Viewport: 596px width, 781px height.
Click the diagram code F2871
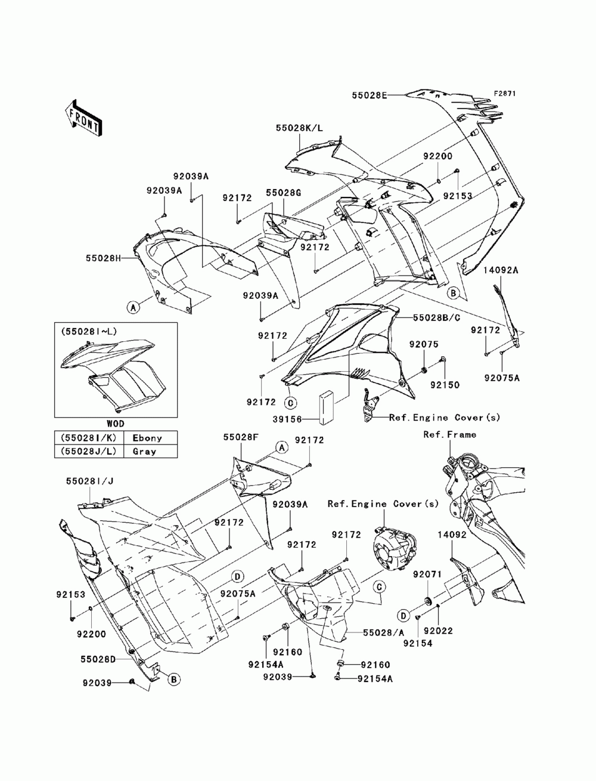pyautogui.click(x=504, y=94)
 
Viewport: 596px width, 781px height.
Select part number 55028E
pyautogui.click(x=370, y=95)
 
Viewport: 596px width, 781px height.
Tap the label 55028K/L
pyautogui.click(x=299, y=128)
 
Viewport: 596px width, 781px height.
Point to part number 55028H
pyautogui.click(x=104, y=258)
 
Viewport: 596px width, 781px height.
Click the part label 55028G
pyautogui.click(x=283, y=193)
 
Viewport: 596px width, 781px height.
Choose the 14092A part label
pyautogui.click(x=501, y=270)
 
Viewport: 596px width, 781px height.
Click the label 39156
pyautogui.click(x=287, y=419)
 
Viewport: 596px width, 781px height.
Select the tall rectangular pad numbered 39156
pyautogui.click(x=327, y=408)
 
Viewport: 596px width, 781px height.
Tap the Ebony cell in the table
pyautogui.click(x=147, y=438)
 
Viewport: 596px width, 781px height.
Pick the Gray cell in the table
pyautogui.click(x=144, y=452)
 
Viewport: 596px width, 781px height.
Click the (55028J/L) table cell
pyautogui.click(x=88, y=451)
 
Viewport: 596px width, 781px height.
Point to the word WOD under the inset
pyautogui.click(x=116, y=424)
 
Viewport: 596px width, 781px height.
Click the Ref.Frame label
pyautogui.click(x=449, y=434)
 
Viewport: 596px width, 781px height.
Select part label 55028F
pyautogui.click(x=241, y=437)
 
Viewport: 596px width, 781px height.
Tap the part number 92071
pyautogui.click(x=427, y=575)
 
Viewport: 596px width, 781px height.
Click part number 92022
pyautogui.click(x=438, y=631)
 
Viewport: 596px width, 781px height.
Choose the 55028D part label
pyautogui.click(x=98, y=659)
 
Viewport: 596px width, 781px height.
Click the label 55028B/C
pyautogui.click(x=436, y=318)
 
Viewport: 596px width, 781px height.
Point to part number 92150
pyautogui.click(x=445, y=385)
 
